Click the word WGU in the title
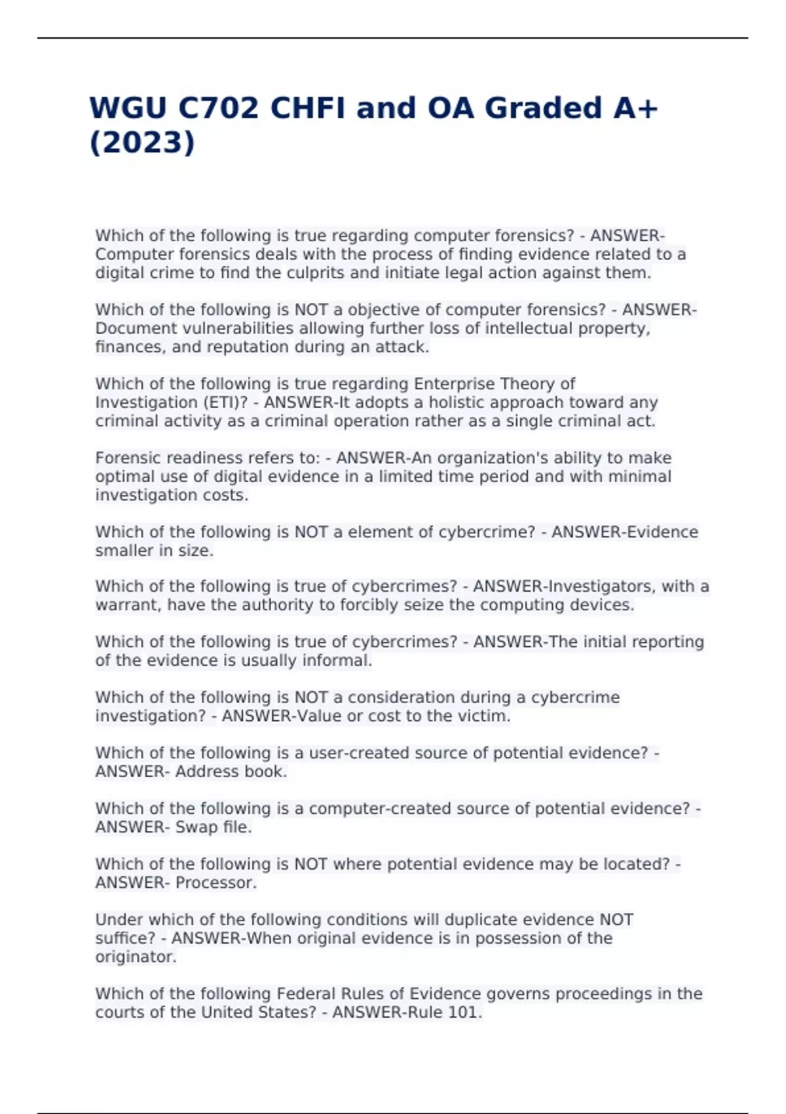click(x=128, y=108)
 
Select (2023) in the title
click(x=142, y=143)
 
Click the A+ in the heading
click(x=635, y=108)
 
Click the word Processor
click(x=215, y=883)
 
